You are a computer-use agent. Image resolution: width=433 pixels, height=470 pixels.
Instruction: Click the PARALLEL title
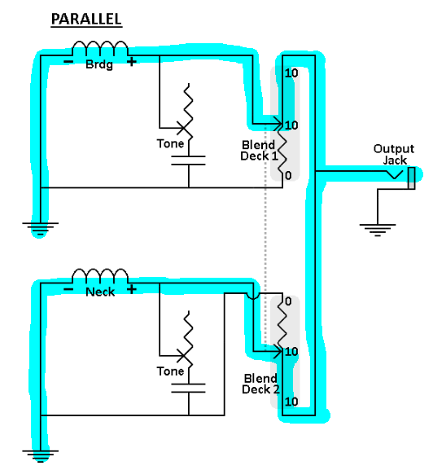click(86, 19)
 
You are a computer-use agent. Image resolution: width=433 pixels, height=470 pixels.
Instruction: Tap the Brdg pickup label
click(99, 64)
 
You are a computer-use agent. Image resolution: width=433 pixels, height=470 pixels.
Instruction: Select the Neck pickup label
click(100, 292)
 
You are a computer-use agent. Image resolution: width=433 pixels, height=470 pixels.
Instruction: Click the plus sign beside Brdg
click(132, 62)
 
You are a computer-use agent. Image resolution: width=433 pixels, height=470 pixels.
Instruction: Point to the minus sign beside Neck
click(68, 289)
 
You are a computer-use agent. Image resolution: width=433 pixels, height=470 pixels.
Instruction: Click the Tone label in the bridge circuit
click(170, 143)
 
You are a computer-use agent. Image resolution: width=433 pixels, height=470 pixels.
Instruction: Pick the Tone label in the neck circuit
click(170, 371)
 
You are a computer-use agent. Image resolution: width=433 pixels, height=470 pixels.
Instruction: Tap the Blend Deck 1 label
click(259, 151)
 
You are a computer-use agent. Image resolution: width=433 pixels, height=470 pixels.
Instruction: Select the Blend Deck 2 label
click(260, 384)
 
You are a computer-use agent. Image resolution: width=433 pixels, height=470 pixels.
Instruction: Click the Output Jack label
click(394, 154)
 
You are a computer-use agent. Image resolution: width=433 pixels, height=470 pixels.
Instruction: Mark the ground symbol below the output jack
click(378, 231)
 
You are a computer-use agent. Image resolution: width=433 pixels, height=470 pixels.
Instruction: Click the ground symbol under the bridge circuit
click(40, 229)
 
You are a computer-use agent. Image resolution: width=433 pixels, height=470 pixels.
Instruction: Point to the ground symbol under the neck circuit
click(40, 456)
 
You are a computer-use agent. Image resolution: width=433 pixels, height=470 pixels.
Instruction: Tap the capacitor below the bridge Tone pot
click(189, 160)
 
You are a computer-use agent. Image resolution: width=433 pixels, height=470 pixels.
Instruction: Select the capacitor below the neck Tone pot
click(189, 389)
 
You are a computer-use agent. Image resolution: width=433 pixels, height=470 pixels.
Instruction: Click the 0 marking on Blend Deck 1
click(288, 175)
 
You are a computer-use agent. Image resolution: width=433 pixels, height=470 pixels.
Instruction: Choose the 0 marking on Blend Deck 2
click(288, 301)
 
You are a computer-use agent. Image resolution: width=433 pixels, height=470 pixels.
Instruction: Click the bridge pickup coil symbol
click(100, 48)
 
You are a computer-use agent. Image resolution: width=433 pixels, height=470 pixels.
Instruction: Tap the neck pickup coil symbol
click(100, 276)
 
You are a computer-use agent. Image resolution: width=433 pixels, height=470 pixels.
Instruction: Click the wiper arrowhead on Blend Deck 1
click(279, 124)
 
